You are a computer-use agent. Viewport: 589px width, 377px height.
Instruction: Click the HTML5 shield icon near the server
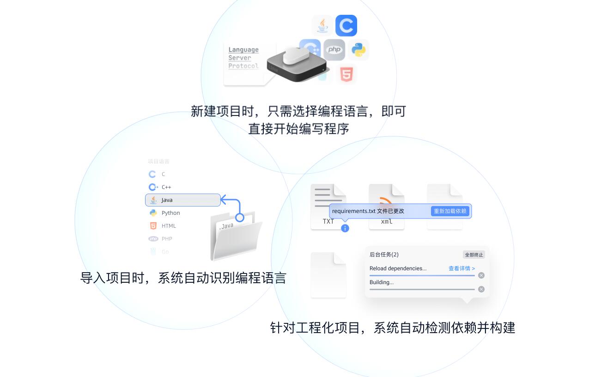(346, 74)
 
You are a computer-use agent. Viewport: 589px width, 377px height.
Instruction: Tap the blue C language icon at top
(346, 25)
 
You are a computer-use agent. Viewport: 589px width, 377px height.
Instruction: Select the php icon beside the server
(334, 50)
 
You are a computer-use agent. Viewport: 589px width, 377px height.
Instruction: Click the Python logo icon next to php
(358, 50)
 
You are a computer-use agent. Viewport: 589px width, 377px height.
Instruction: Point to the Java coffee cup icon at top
(322, 25)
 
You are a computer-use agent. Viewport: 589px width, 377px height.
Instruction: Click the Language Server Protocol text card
(243, 58)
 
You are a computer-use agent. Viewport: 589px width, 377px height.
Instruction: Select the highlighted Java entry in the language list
(183, 200)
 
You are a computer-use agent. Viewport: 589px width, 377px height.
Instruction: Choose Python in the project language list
(170, 213)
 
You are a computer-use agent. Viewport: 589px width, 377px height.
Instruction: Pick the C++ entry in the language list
(166, 187)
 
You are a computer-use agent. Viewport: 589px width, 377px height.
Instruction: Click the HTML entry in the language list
(168, 226)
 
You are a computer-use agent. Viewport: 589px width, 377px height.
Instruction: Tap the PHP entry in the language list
(166, 239)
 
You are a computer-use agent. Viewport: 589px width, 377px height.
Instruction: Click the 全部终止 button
(474, 255)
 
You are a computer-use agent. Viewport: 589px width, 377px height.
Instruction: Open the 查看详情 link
(461, 268)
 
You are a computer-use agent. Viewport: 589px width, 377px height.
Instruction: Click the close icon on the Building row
(481, 289)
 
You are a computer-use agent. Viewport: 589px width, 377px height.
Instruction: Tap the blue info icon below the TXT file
(345, 228)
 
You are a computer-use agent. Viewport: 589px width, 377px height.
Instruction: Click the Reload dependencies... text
(398, 268)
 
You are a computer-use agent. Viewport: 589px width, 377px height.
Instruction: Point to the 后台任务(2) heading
(384, 255)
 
